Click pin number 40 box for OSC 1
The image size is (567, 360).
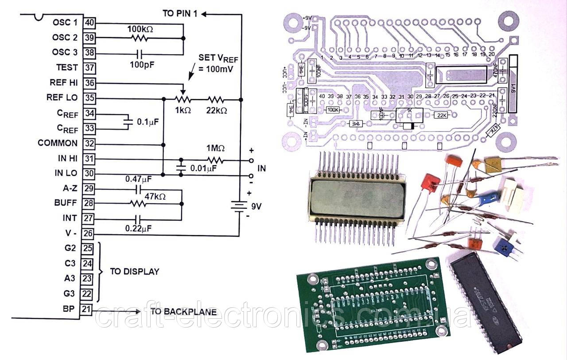[x=89, y=23]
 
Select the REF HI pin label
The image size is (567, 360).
[x=64, y=83]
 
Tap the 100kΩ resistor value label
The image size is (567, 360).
[x=140, y=29]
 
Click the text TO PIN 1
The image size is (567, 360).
[x=180, y=13]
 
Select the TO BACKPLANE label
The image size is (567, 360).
[x=183, y=312]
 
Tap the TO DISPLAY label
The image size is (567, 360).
[x=134, y=271]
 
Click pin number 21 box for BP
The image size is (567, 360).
[x=87, y=309]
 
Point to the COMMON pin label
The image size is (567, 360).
[x=58, y=143]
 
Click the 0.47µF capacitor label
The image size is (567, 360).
[x=138, y=180]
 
